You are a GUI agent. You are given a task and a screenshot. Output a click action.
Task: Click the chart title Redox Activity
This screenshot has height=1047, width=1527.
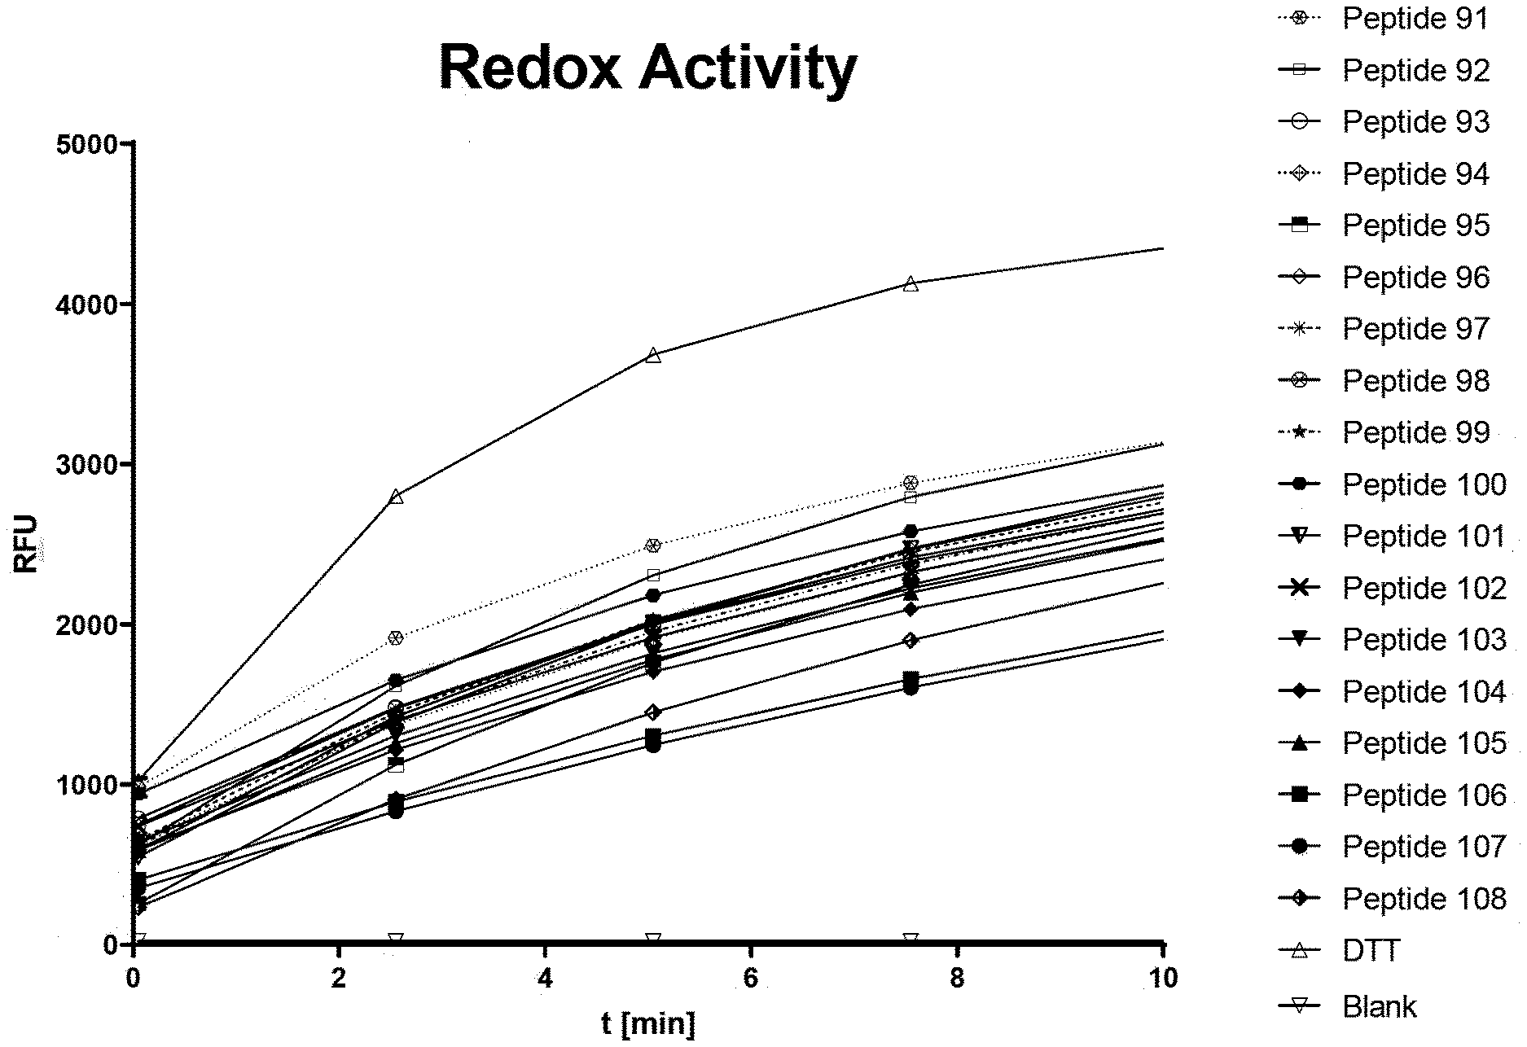click(x=647, y=68)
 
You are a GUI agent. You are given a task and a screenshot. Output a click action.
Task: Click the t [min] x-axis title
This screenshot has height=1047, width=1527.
click(x=648, y=1023)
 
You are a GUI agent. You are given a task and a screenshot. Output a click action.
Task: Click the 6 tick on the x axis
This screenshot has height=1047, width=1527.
click(x=751, y=978)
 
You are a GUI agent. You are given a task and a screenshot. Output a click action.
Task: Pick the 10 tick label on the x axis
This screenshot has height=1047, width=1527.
click(x=1165, y=978)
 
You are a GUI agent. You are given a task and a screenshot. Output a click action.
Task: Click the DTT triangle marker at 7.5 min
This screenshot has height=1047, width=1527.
click(x=911, y=283)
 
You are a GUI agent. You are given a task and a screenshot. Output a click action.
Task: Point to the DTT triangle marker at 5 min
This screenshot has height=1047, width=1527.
click(x=653, y=355)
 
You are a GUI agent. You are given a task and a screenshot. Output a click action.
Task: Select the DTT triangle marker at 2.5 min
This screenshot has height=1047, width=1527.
click(x=396, y=497)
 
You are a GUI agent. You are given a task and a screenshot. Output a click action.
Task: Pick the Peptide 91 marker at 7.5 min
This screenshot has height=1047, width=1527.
click(x=911, y=483)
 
